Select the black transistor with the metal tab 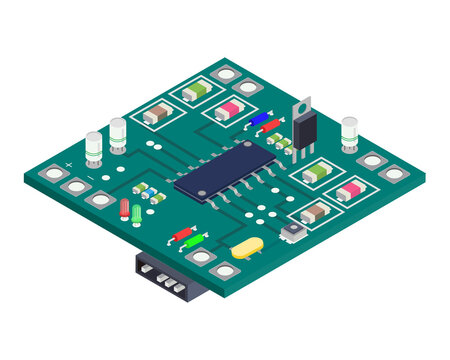tap(303, 128)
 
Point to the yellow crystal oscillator tap(246, 248)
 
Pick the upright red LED tap(124, 209)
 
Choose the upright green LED tap(136, 213)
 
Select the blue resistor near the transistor tap(259, 119)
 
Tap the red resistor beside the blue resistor tap(270, 126)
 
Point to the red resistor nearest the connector tap(182, 234)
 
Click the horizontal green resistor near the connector tap(195, 241)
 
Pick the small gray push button tap(292, 233)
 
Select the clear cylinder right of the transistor tap(349, 131)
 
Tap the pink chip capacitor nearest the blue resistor tap(230, 109)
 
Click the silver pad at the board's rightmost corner tap(394, 173)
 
